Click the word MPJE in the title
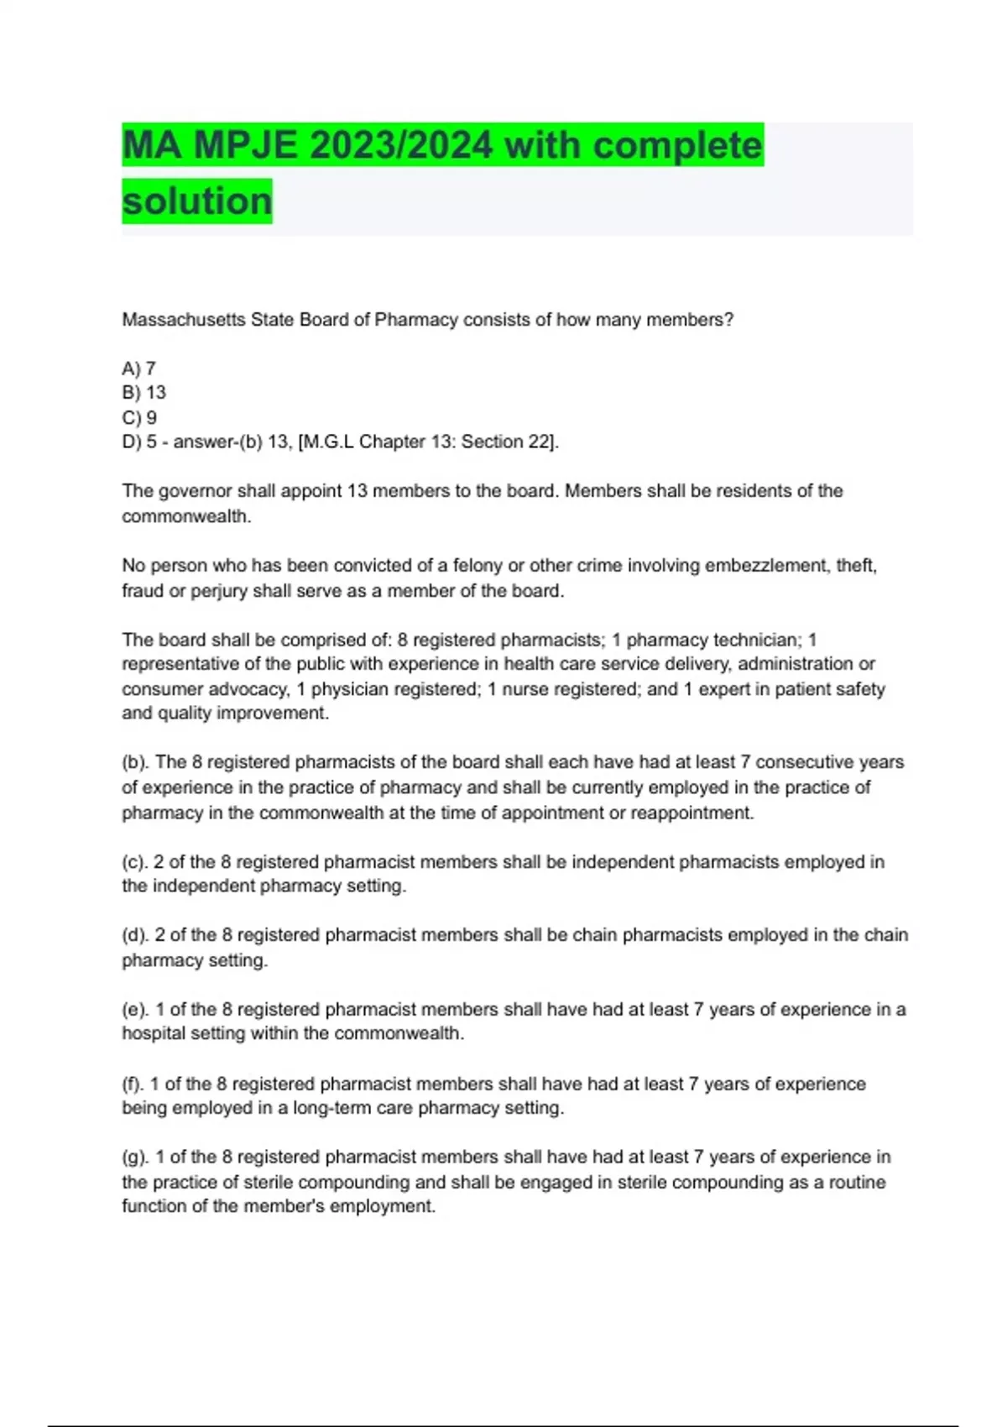coord(245,145)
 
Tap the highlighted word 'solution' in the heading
coord(197,201)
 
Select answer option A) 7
coord(139,369)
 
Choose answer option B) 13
coord(144,393)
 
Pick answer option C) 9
coord(139,417)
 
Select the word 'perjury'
coord(219,591)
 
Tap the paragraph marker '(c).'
coord(135,862)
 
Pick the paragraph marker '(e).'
coord(136,1010)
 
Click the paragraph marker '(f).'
coord(133,1084)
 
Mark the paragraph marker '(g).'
coord(136,1158)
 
